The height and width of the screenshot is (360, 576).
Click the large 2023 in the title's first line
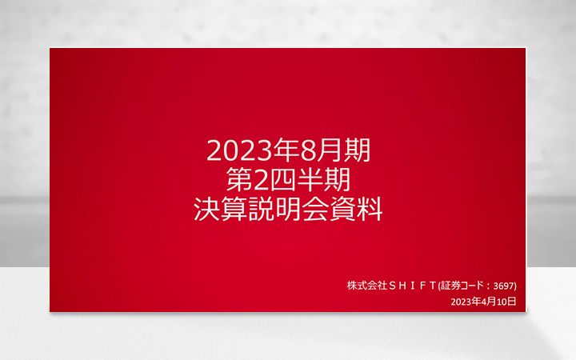(x=234, y=150)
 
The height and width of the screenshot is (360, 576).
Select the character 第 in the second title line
(x=241, y=179)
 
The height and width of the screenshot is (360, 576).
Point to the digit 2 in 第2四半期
(x=265, y=179)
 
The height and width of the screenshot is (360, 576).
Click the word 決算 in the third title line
(x=221, y=209)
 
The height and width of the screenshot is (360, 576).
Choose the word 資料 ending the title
(x=356, y=209)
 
